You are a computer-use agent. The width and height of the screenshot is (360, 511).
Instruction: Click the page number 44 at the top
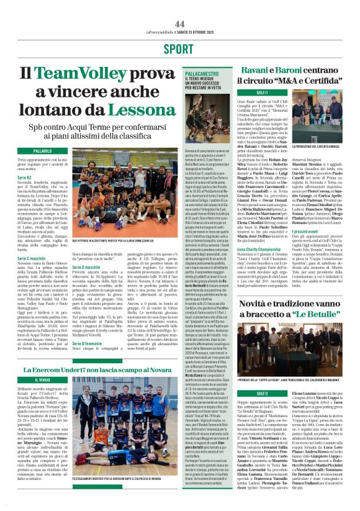[x=179, y=24]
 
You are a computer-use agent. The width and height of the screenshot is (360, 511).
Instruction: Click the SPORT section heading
[x=179, y=48]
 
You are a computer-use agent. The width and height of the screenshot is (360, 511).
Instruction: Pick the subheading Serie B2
[x=24, y=177]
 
